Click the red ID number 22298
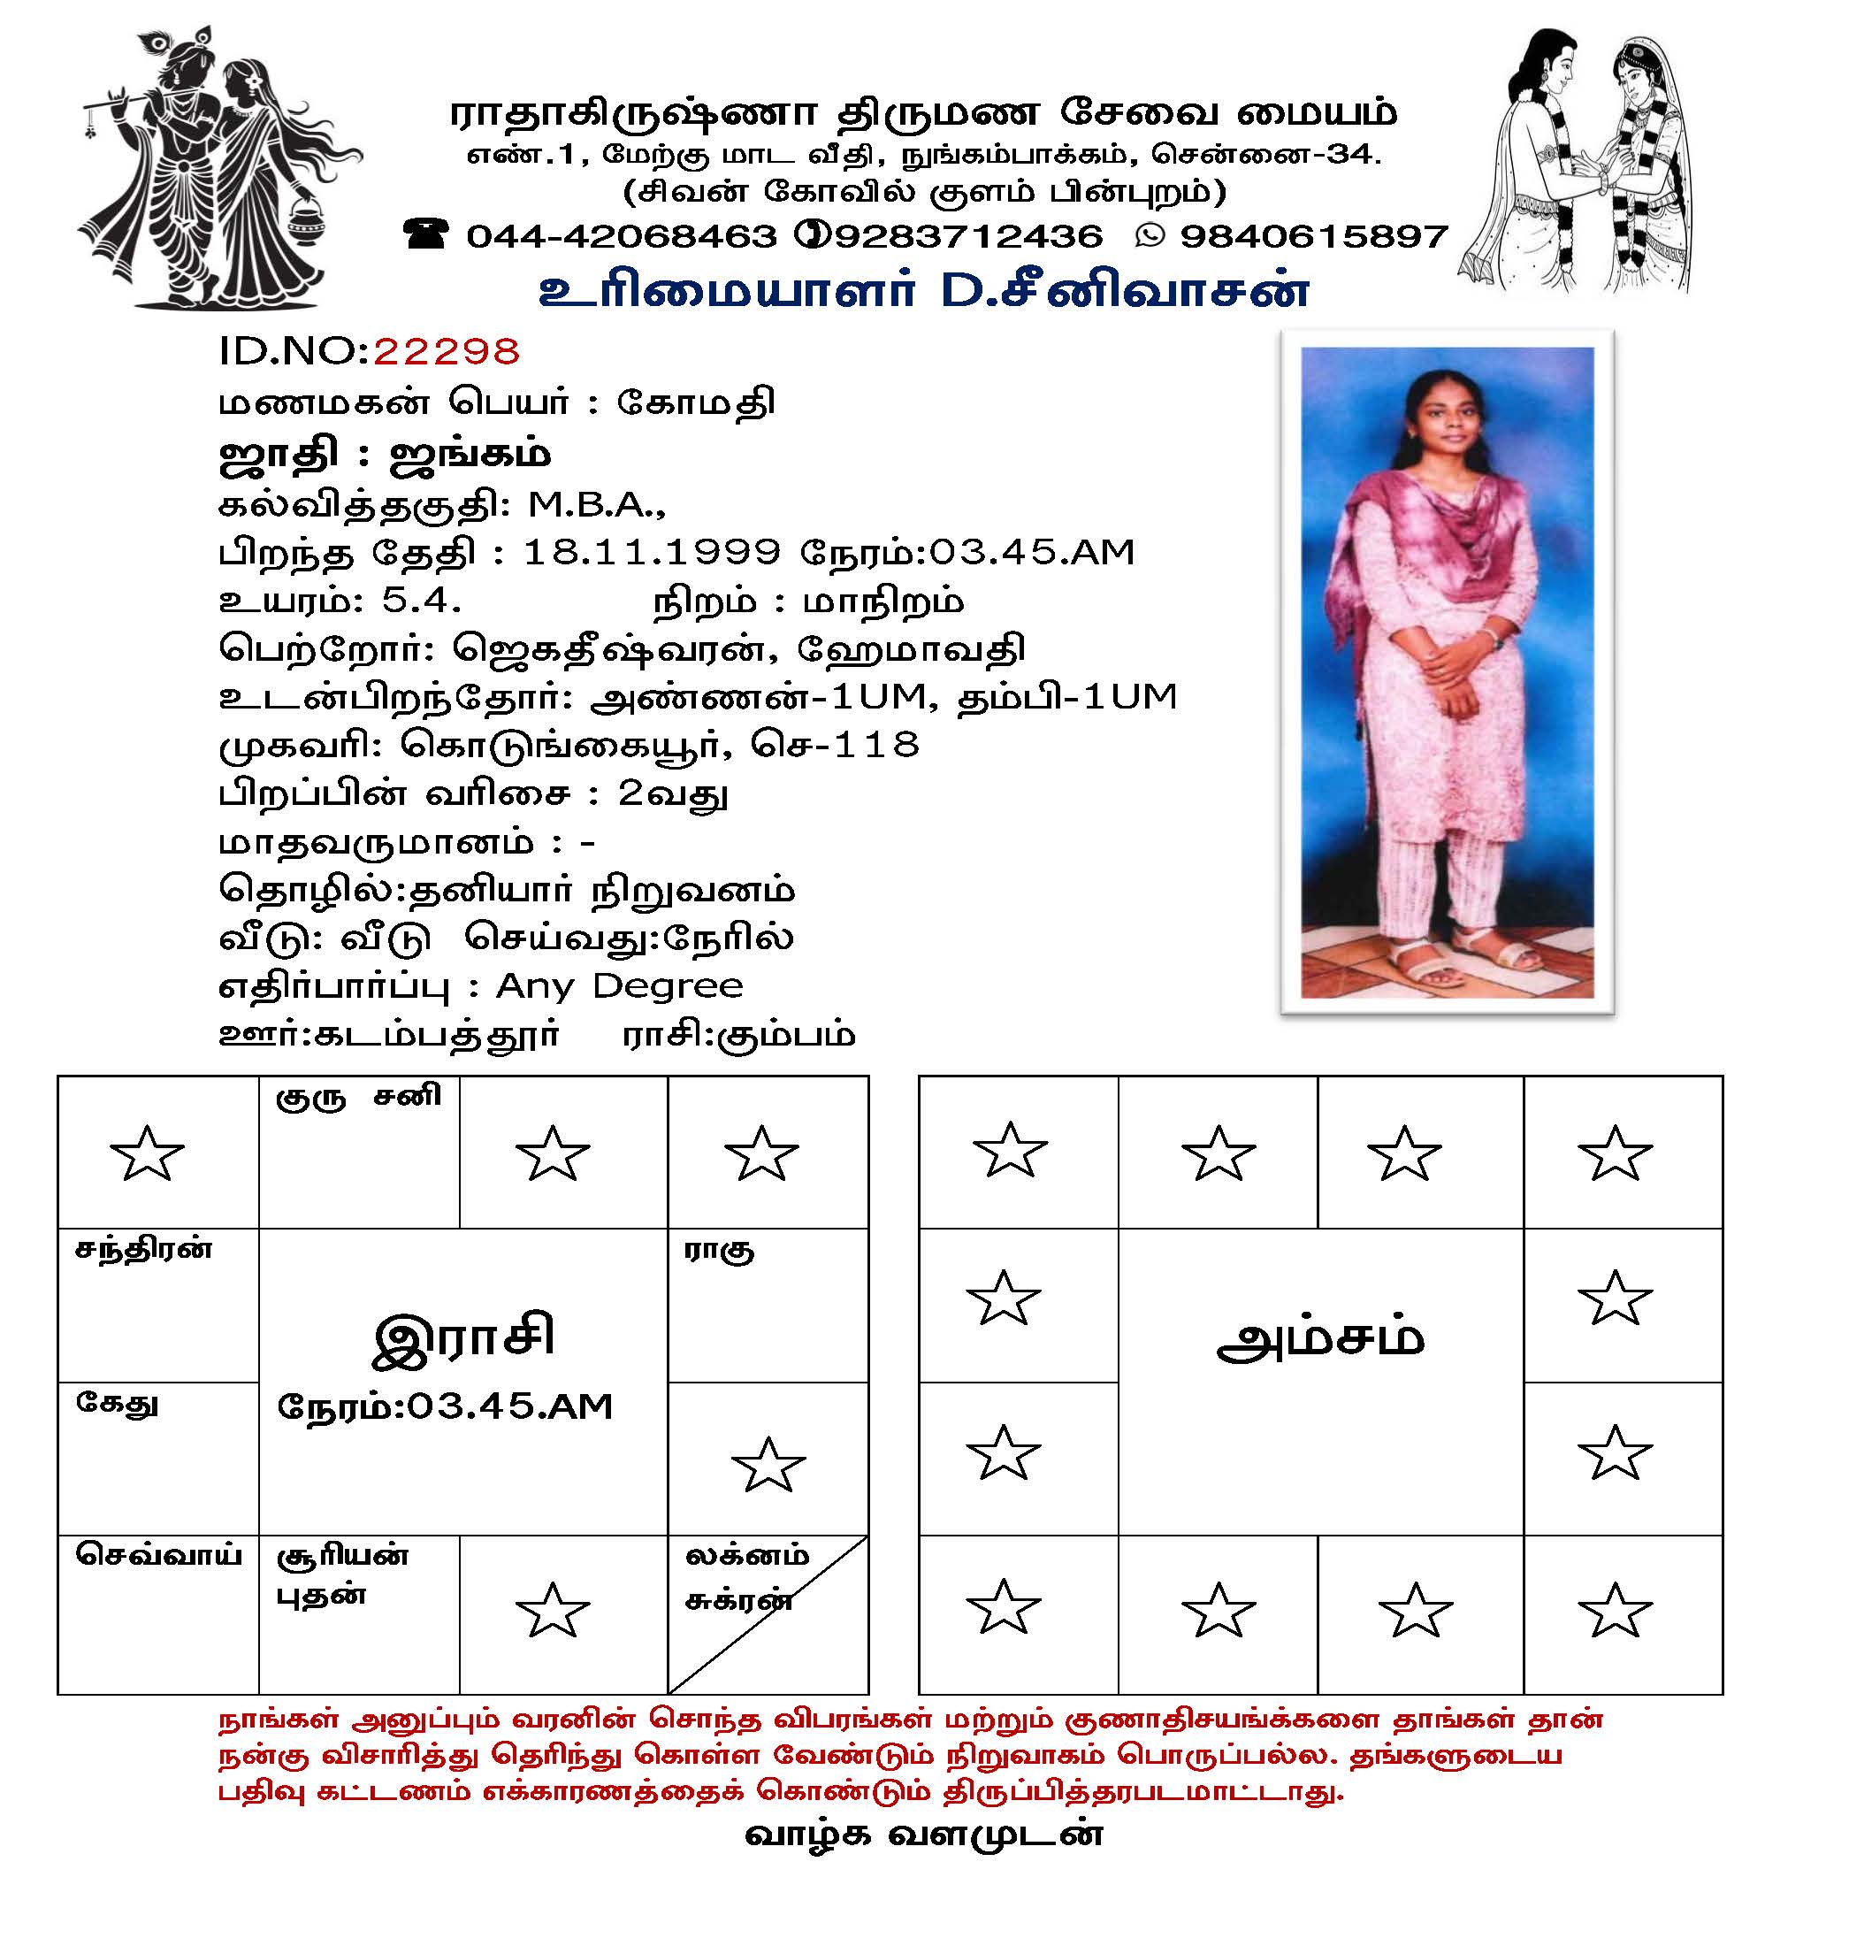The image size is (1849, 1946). [446, 352]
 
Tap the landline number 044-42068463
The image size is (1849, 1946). [621, 236]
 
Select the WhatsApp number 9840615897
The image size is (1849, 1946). [1314, 236]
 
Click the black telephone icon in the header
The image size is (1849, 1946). [426, 234]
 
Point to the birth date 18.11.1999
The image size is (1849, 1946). [652, 552]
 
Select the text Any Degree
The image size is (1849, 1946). [619, 985]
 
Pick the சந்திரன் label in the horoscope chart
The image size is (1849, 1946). [144, 1250]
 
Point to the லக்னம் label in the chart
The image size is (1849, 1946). [746, 1557]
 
